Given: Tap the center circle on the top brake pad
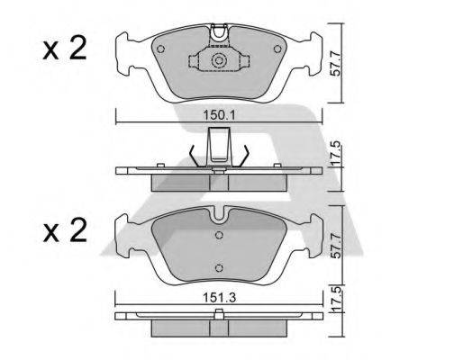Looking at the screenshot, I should pyautogui.click(x=219, y=61).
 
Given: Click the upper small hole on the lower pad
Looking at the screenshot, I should pyautogui.click(x=219, y=236).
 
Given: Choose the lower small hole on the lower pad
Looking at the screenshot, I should pyautogui.click(x=219, y=265).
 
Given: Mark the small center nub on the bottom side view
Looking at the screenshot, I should pyautogui.click(x=219, y=313).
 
